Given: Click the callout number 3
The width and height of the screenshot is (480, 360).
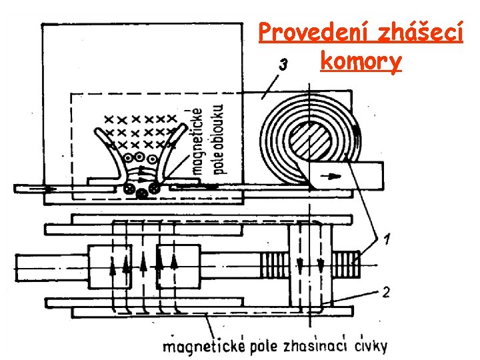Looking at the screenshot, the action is pos(283,65).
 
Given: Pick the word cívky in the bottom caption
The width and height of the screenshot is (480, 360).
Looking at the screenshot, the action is pos(371,345).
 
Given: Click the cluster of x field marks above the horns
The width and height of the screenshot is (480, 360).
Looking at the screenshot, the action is pos(140,129).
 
